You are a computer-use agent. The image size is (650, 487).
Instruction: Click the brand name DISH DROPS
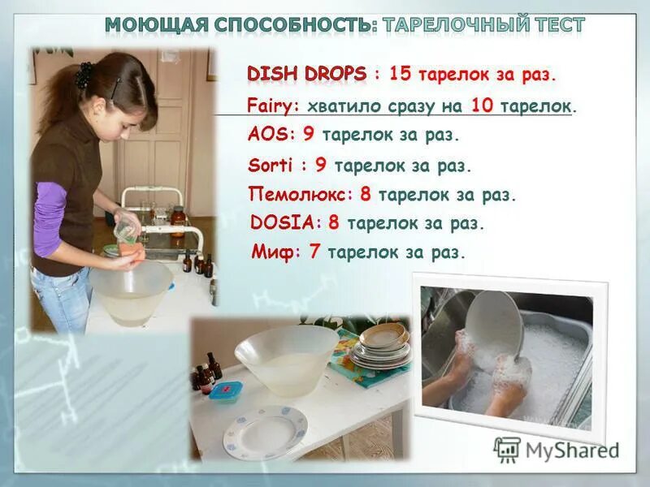pos(306,74)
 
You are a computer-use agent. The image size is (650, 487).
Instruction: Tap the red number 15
pos(400,74)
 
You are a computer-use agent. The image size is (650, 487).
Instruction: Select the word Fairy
pos(272,106)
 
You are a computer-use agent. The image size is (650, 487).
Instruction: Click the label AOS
pos(266,135)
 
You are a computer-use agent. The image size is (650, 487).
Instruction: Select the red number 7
pos(315,252)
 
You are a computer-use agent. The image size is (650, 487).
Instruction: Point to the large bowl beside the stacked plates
pos(286,358)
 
